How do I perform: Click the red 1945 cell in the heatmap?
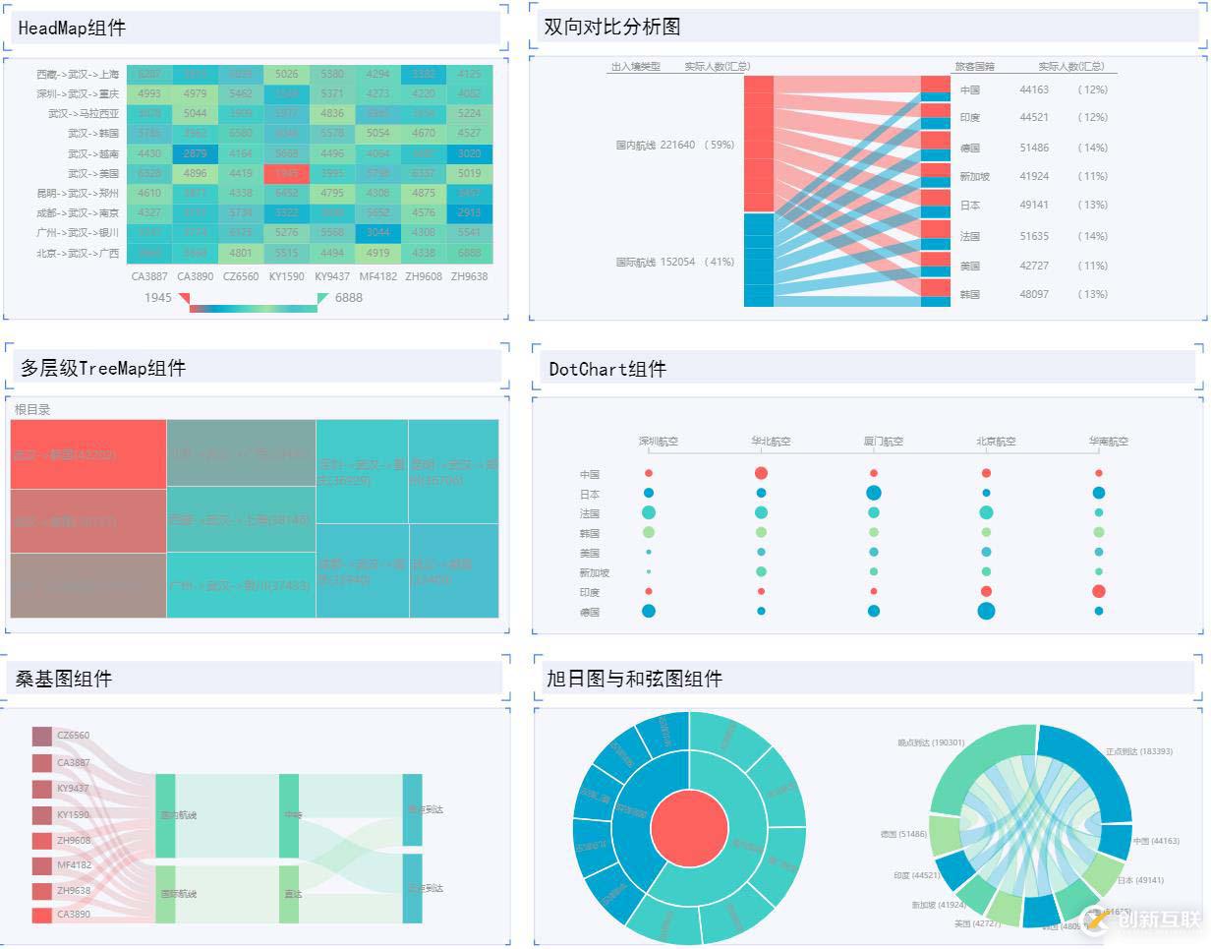(286, 173)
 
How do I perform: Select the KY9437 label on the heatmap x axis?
(332, 276)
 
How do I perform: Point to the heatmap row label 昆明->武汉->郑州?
(78, 194)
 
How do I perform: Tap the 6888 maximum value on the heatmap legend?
(348, 297)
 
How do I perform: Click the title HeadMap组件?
(72, 28)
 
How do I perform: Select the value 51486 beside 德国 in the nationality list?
(1034, 148)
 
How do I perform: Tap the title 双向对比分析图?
(612, 27)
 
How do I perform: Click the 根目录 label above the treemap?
(32, 409)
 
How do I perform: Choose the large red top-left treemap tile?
(88, 454)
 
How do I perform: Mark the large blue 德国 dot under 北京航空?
(986, 611)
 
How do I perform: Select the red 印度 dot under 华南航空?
(1098, 591)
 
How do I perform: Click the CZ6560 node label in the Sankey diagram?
(73, 735)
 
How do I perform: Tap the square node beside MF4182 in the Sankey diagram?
(41, 865)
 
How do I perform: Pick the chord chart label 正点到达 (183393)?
(1138, 751)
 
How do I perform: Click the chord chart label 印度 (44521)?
(915, 875)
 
